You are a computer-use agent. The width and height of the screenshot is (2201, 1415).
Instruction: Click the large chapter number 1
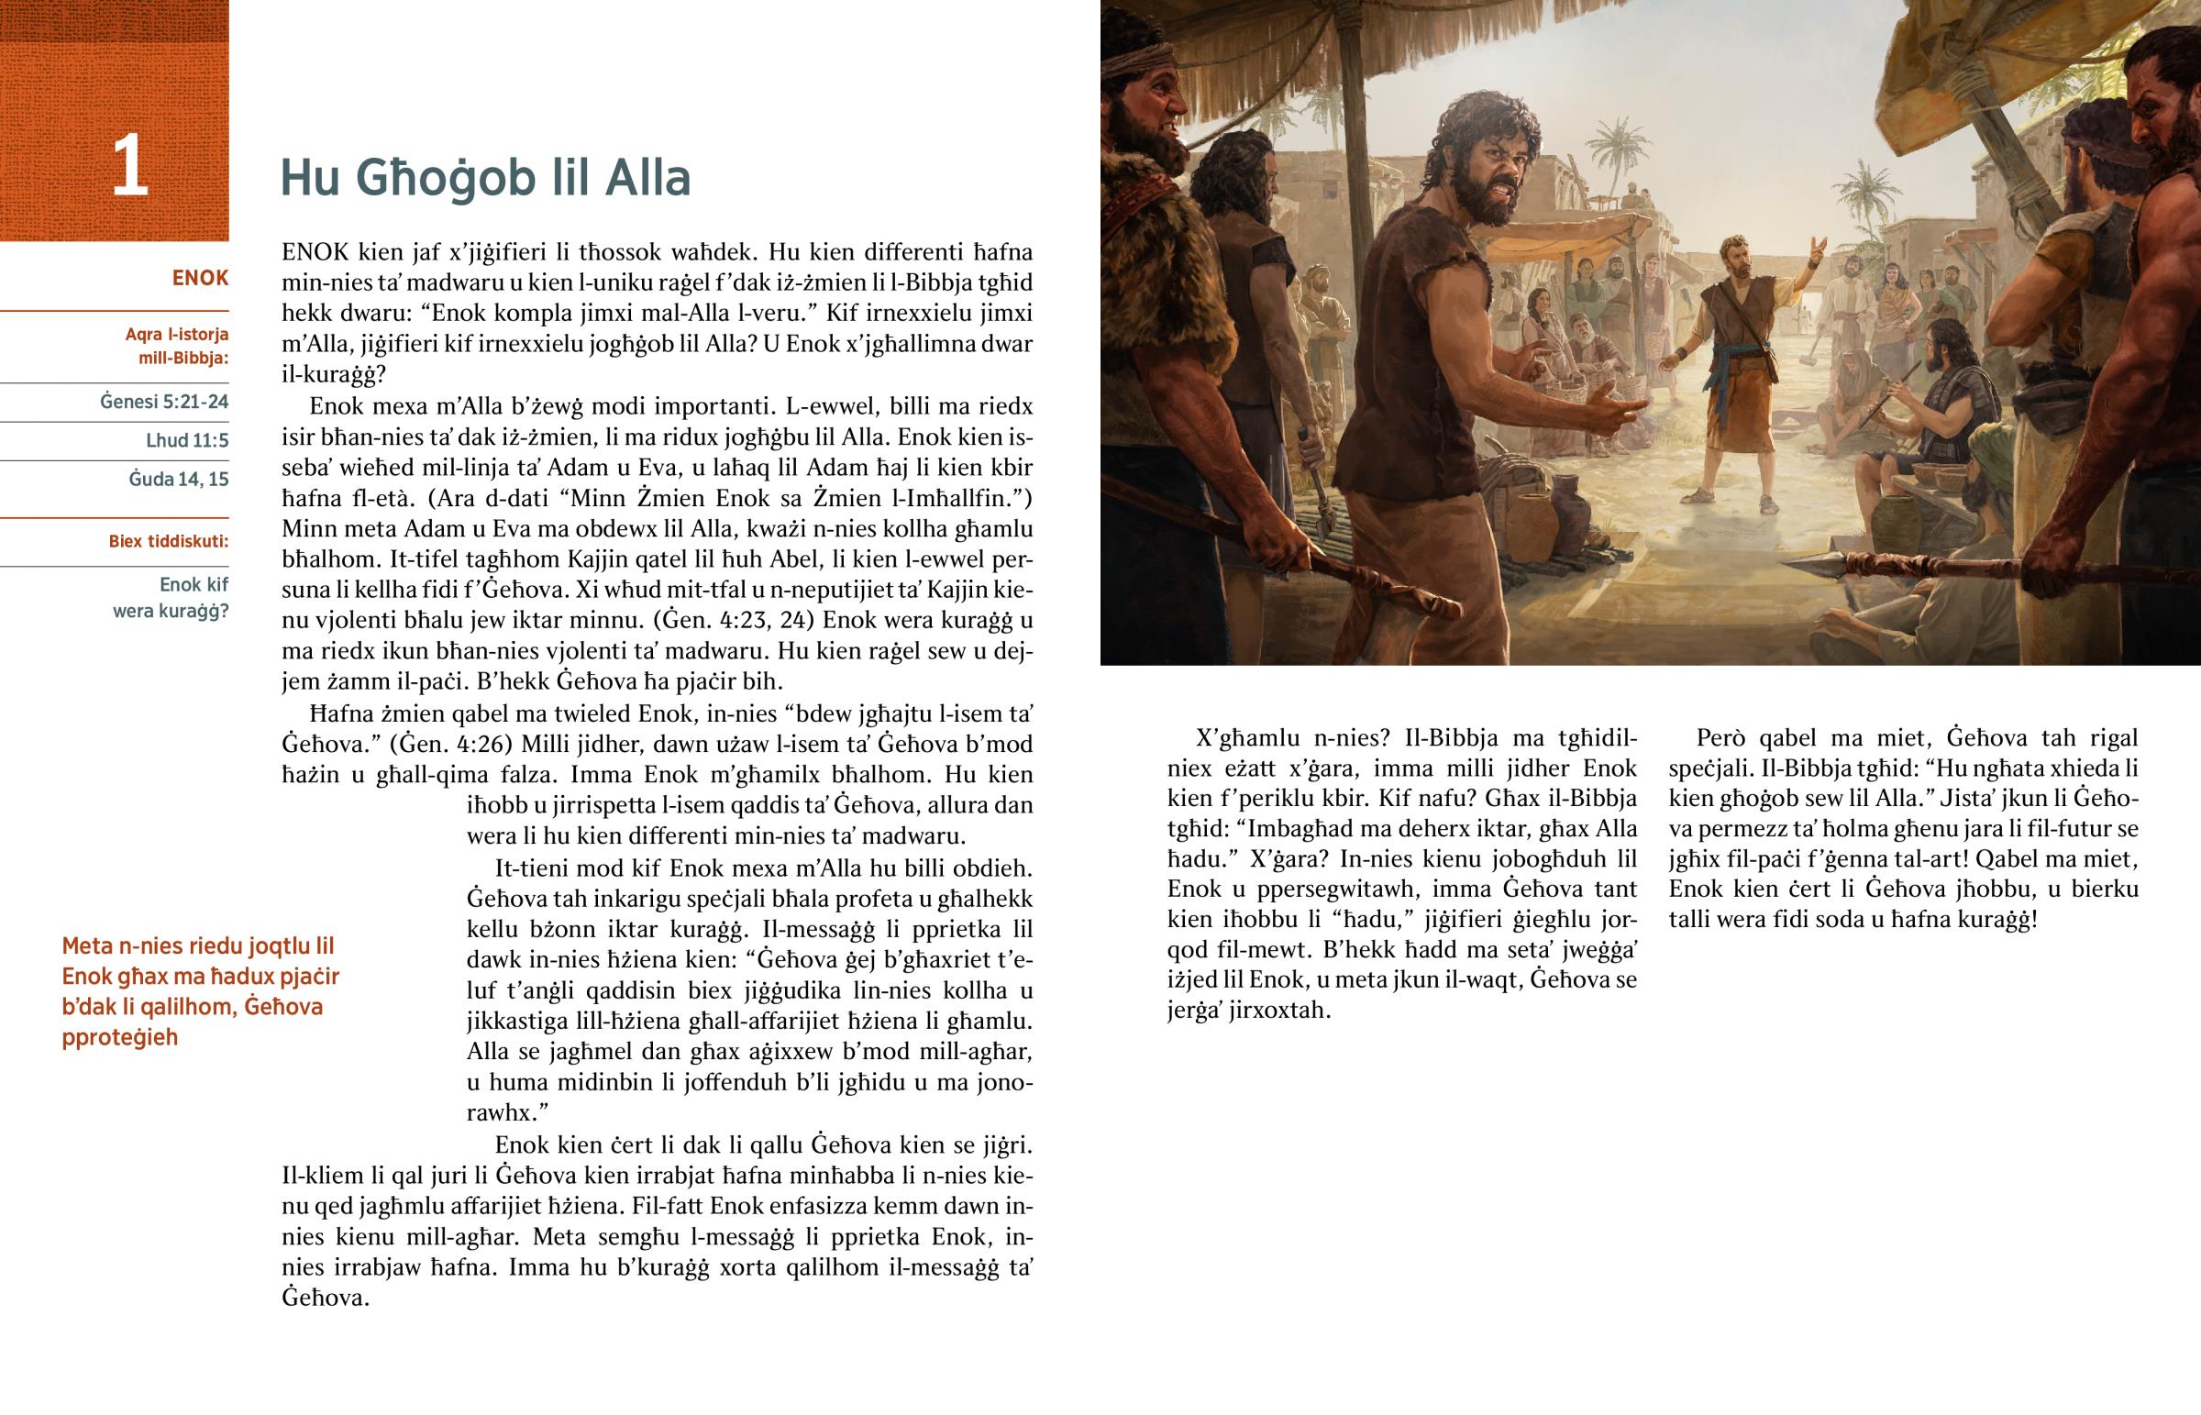pyautogui.click(x=128, y=166)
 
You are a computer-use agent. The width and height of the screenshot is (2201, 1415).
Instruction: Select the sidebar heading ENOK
pyautogui.click(x=199, y=279)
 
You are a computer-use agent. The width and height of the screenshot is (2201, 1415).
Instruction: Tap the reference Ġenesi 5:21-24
pyautogui.click(x=163, y=402)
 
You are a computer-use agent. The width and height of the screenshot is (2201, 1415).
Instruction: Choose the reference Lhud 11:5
pyautogui.click(x=186, y=440)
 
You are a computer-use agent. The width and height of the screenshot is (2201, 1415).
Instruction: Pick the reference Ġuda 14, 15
pyautogui.click(x=178, y=479)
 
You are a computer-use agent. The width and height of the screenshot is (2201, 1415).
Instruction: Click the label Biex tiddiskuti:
pyautogui.click(x=168, y=541)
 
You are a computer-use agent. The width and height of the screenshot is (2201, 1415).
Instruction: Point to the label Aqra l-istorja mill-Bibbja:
pyautogui.click(x=176, y=347)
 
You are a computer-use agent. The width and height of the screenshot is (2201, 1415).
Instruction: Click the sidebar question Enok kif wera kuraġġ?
pyautogui.click(x=171, y=597)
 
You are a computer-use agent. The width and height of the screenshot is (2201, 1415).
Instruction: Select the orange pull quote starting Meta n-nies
pyautogui.click(x=199, y=991)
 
